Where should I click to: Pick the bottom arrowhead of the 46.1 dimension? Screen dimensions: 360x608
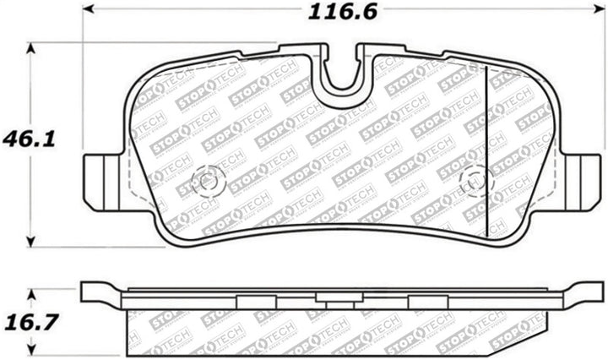tap(31, 243)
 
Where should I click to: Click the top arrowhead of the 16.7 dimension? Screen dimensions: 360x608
tap(31, 292)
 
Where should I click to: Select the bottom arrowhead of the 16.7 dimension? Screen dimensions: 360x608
tap(31, 349)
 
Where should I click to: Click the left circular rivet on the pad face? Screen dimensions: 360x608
tap(208, 180)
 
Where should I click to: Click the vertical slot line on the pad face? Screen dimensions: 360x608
tap(489, 144)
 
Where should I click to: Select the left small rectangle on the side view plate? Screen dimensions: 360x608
tap(251, 301)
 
